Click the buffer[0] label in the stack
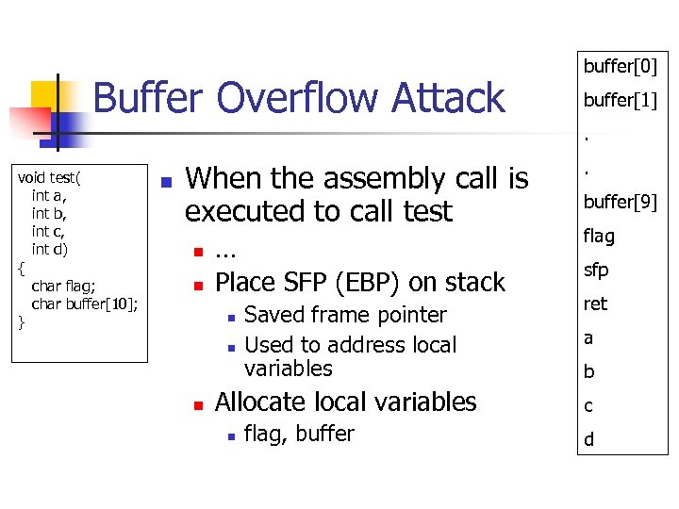pyautogui.click(x=620, y=66)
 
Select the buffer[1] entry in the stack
pyautogui.click(x=620, y=100)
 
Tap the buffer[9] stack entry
pyautogui.click(x=620, y=202)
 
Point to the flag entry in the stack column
pyautogui.click(x=599, y=236)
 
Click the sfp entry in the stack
pyautogui.click(x=596, y=270)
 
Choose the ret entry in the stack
pyautogui.click(x=595, y=304)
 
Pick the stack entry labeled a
pyautogui.click(x=588, y=337)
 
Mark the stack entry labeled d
pyautogui.click(x=588, y=439)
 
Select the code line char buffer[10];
pyautogui.click(x=86, y=303)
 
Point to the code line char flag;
pyautogui.click(x=65, y=285)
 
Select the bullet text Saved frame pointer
pyautogui.click(x=345, y=315)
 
